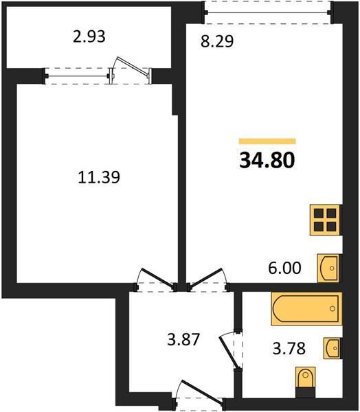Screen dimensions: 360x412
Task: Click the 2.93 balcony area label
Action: click(x=89, y=37)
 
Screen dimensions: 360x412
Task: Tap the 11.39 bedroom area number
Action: click(x=99, y=177)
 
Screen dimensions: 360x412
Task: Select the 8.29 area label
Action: click(x=217, y=41)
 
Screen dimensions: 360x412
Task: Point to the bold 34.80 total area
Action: click(x=267, y=160)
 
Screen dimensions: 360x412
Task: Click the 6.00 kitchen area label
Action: click(x=284, y=268)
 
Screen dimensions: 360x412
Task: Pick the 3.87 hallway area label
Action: click(x=183, y=339)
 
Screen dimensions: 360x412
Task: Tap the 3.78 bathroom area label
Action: click(x=289, y=348)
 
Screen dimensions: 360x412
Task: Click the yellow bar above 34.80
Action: click(x=267, y=141)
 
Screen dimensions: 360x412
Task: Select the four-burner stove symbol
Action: click(x=326, y=220)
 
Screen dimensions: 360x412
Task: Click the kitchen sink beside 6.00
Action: click(x=328, y=268)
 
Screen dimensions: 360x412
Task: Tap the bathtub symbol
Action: click(x=306, y=309)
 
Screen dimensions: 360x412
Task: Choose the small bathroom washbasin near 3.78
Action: click(x=332, y=348)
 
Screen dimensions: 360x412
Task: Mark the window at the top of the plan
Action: click(x=267, y=12)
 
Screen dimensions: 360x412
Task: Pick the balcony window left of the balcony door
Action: click(x=77, y=76)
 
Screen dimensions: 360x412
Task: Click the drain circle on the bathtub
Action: click(x=333, y=309)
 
